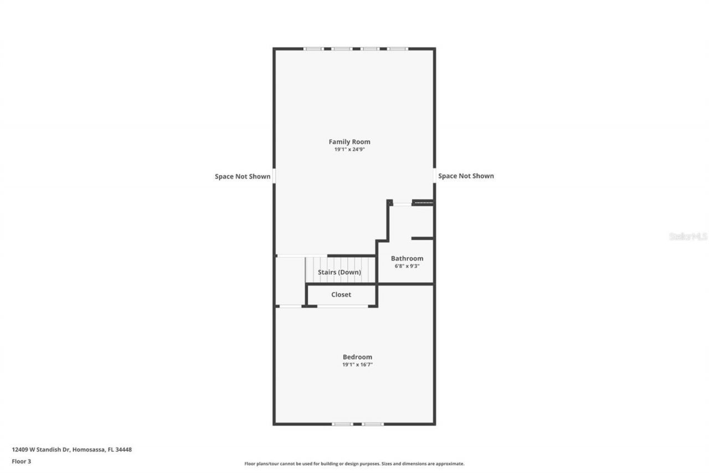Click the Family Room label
(350, 142)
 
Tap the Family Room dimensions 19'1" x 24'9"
(350, 150)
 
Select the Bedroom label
(357, 357)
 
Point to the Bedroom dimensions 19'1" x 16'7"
(357, 365)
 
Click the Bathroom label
(407, 258)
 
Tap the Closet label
(341, 294)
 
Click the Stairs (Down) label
(340, 272)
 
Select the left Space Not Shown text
(243, 176)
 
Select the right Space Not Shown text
(466, 176)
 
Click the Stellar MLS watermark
(688, 236)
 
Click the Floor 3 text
(21, 461)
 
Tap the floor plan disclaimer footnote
(354, 464)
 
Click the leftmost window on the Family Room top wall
(314, 49)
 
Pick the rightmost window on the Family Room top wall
(398, 49)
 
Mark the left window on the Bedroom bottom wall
(342, 424)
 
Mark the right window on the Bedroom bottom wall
(373, 424)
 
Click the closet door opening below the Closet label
(342, 306)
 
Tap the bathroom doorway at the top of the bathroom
(402, 204)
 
